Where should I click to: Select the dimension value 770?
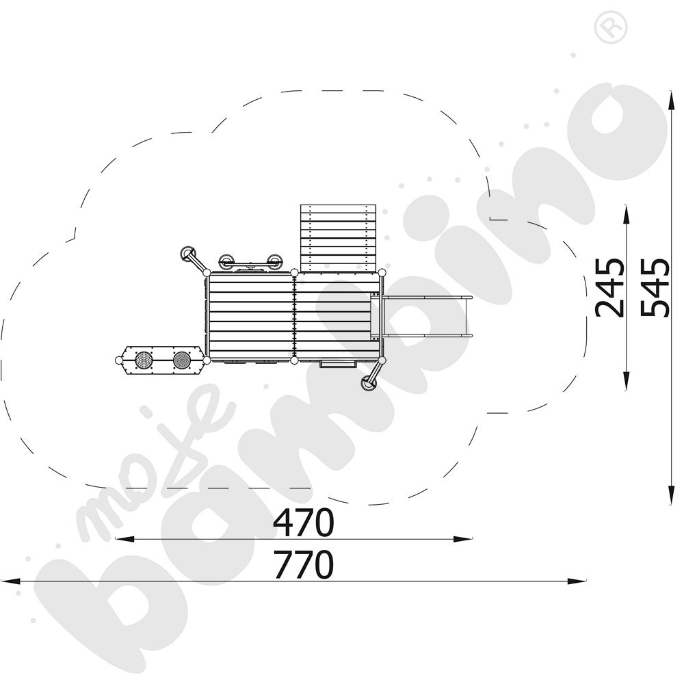[x=304, y=564]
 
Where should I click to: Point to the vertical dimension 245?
[x=610, y=287]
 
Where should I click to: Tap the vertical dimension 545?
[x=655, y=287]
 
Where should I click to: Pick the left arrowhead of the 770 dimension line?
[x=10, y=581]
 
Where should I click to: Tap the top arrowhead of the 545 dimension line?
[x=672, y=101]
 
